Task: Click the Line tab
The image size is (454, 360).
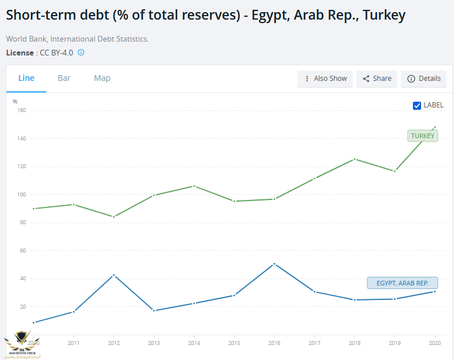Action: (26, 78)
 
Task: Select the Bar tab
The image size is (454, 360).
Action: (64, 78)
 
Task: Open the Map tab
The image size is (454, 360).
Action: (102, 78)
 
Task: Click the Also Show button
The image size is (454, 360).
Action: (325, 79)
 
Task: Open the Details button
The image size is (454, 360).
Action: (424, 79)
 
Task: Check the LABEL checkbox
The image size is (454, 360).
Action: (417, 105)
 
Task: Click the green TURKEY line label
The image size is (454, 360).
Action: (422, 136)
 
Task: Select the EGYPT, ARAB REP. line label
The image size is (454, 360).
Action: (403, 283)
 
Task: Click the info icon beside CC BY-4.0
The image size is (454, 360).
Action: (81, 53)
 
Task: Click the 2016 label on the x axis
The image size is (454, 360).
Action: (274, 343)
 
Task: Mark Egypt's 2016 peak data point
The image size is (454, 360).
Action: (274, 264)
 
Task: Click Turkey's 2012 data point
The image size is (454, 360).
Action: (114, 217)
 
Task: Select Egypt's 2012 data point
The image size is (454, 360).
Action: (114, 275)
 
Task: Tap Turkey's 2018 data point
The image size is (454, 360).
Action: (355, 159)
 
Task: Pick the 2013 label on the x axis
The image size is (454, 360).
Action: (154, 343)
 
